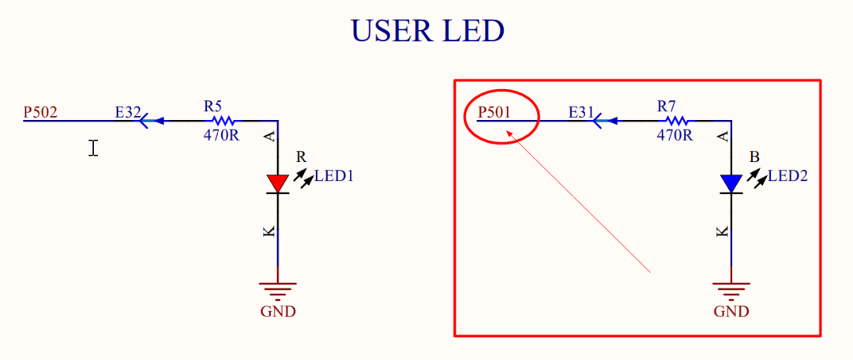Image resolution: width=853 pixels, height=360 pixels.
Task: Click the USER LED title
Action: (x=427, y=31)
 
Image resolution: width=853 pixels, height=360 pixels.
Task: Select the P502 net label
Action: (x=40, y=113)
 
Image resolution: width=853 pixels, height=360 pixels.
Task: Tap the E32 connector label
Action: (x=127, y=113)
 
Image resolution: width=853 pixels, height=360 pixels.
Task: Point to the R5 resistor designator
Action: (x=213, y=105)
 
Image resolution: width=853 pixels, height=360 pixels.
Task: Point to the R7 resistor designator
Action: (x=667, y=105)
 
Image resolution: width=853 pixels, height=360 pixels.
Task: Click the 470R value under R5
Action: (x=221, y=135)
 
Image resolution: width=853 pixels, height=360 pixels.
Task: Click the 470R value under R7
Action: (x=675, y=135)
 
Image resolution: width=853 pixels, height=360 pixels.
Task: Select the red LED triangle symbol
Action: (x=277, y=183)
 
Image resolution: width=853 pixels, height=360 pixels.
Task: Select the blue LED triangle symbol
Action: (x=731, y=183)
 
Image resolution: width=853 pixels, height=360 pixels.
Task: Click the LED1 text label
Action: (x=333, y=176)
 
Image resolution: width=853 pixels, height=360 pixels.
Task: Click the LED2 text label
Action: (x=787, y=176)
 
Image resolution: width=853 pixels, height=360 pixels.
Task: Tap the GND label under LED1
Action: (x=278, y=311)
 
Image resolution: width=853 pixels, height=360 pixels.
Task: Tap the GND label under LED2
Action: (x=731, y=311)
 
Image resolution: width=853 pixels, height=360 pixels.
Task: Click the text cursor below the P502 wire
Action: (x=93, y=148)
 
